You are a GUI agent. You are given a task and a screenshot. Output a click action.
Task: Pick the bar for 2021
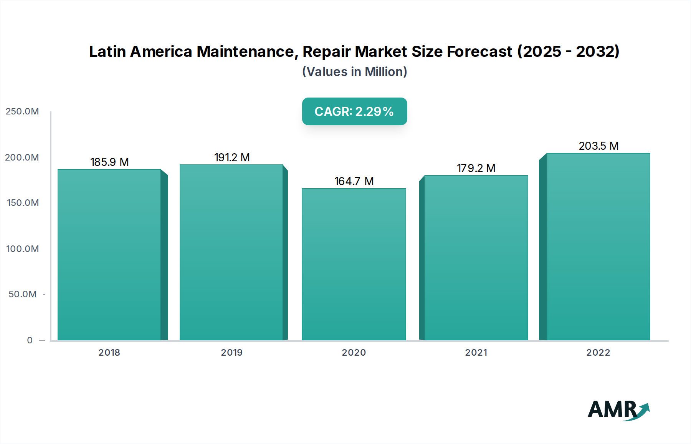click(x=476, y=258)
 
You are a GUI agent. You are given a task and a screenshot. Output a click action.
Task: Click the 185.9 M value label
click(x=109, y=162)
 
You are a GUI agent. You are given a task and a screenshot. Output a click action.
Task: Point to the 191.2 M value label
click(x=232, y=157)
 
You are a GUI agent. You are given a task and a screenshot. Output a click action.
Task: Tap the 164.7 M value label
click(x=354, y=181)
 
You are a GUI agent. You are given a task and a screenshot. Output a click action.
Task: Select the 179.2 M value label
click(x=476, y=168)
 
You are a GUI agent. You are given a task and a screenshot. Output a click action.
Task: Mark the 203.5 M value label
click(x=598, y=146)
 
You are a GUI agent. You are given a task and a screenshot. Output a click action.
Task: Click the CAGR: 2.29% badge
click(x=354, y=111)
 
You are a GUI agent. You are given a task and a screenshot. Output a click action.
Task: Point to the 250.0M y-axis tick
click(x=22, y=111)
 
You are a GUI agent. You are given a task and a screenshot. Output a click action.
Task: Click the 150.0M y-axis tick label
click(x=23, y=203)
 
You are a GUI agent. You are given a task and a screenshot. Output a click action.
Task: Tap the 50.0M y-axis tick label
click(x=23, y=294)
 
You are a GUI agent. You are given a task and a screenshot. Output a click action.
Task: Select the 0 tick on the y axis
click(x=30, y=340)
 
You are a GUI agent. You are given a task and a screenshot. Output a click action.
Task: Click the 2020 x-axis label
click(x=354, y=353)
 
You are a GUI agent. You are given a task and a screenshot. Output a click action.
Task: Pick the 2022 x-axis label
click(x=598, y=353)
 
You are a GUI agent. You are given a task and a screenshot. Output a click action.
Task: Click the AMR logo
click(x=618, y=410)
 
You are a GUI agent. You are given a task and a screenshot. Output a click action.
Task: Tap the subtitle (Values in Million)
click(x=354, y=72)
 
